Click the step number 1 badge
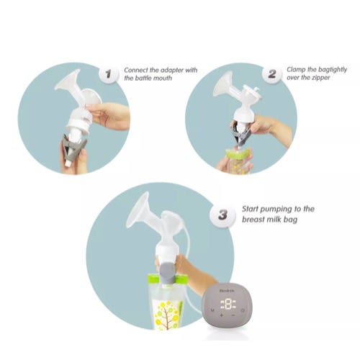point(109,73)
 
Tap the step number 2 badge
point(272,73)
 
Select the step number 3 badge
point(222,215)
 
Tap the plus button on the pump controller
point(221,315)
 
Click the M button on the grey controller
point(212,310)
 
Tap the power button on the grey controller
point(243,310)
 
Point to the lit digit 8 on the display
point(228,304)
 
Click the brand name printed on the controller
point(227,291)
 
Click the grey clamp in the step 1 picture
point(73,149)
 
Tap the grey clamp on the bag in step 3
point(168,272)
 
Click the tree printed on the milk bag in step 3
point(168,315)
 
